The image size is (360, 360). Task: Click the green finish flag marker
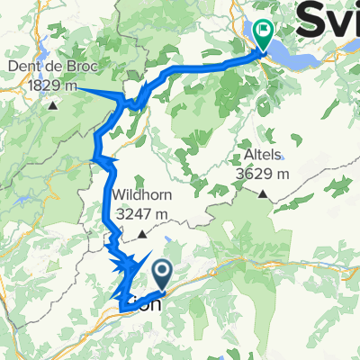264,33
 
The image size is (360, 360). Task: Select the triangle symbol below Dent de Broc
53,105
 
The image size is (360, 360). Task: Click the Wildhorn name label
141,198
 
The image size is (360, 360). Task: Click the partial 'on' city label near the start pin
152,305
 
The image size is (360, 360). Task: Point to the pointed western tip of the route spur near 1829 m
77,87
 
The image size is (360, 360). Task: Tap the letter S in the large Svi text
310,18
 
